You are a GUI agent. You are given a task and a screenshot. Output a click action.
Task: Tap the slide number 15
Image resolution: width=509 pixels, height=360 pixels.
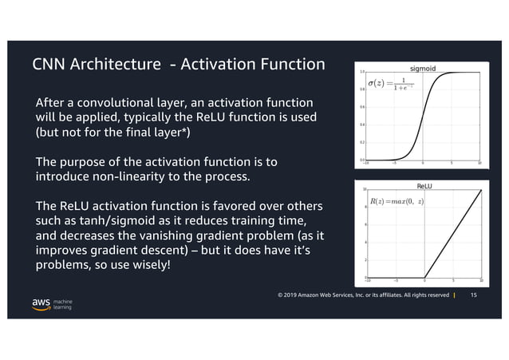(x=474, y=295)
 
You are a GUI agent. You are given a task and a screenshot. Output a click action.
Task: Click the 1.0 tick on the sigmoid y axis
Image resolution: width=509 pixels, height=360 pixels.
(x=362, y=72)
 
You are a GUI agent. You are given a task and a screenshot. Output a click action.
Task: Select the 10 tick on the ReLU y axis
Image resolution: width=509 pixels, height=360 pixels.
(x=365, y=190)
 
